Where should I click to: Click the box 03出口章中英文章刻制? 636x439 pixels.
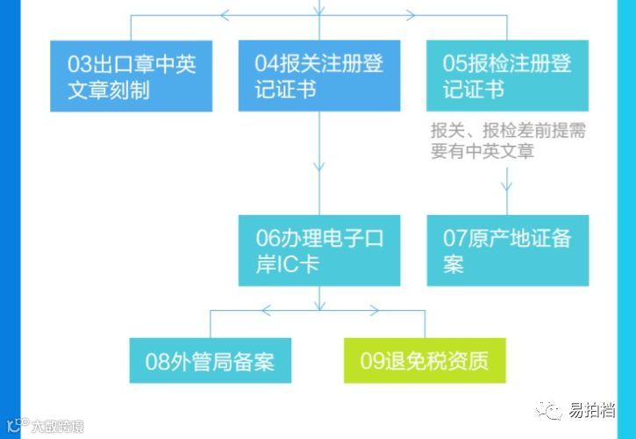(131, 76)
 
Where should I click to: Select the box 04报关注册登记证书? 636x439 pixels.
(319, 76)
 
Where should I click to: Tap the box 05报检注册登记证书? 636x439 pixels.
(507, 76)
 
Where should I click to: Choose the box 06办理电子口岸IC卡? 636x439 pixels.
(319, 250)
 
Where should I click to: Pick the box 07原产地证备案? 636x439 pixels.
(507, 250)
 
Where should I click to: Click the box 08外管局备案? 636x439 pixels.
(210, 360)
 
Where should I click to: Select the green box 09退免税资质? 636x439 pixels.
(425, 360)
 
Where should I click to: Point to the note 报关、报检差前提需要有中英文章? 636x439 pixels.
(507, 140)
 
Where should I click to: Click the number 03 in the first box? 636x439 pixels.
(78, 63)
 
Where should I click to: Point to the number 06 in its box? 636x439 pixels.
(267, 238)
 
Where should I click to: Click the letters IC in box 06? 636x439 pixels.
(288, 264)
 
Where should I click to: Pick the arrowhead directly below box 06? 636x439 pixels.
(319, 305)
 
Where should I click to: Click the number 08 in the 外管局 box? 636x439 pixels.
(157, 361)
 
